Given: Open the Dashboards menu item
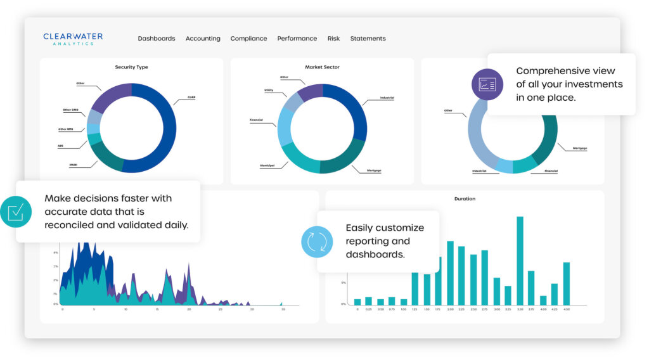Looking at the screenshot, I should point(157,39).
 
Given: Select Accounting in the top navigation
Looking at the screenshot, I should point(203,39).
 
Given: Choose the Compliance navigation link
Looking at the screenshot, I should point(248,39).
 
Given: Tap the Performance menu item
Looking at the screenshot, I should point(297,39).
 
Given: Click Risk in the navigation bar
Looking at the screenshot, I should point(333,39).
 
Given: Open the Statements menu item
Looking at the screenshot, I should point(368,39).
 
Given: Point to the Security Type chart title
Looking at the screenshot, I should point(131,67).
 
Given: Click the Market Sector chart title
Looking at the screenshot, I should point(322,67).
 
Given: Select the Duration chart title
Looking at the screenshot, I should point(465,199).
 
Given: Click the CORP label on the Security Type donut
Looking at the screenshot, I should point(191,98).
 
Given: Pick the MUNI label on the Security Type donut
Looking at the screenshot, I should point(73,165).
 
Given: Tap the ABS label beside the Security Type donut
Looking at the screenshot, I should point(61,146).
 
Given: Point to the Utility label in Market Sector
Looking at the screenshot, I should point(269,91).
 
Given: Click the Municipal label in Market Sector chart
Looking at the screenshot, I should point(266,165).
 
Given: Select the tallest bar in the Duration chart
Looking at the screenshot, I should point(520,260).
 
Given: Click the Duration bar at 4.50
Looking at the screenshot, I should point(566,283).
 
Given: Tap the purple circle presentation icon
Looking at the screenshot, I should point(487,84).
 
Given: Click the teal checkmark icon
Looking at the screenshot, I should point(15,212).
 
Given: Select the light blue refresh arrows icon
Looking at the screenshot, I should point(316,241).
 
